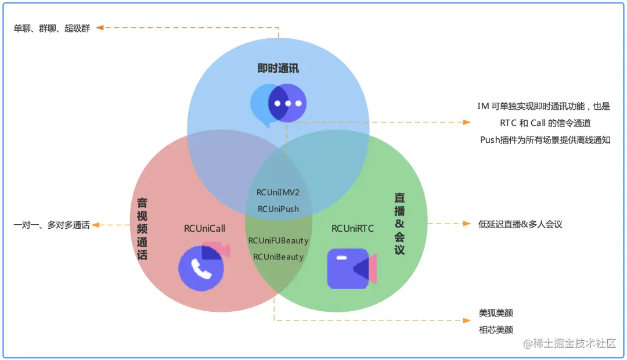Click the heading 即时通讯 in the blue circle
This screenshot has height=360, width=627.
click(x=278, y=69)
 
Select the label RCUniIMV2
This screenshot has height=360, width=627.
click(x=278, y=192)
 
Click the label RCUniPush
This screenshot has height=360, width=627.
click(x=278, y=208)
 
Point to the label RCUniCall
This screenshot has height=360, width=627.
click(x=204, y=228)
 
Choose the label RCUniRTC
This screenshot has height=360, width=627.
click(x=353, y=228)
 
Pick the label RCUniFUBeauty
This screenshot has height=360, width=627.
click(x=278, y=240)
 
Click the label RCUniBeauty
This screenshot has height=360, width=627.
click(x=278, y=256)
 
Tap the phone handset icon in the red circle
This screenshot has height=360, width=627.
click(x=201, y=268)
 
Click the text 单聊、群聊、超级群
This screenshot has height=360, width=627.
click(x=52, y=28)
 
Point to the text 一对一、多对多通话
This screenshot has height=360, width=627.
click(x=52, y=225)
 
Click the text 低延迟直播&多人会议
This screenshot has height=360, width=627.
click(x=520, y=224)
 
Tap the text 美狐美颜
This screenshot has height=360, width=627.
click(x=496, y=313)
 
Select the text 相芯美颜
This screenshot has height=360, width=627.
click(x=496, y=330)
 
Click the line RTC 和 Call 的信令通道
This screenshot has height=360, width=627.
click(x=545, y=123)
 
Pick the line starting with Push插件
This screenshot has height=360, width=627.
click(x=545, y=140)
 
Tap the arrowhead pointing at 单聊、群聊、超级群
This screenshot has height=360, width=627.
click(x=100, y=27)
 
